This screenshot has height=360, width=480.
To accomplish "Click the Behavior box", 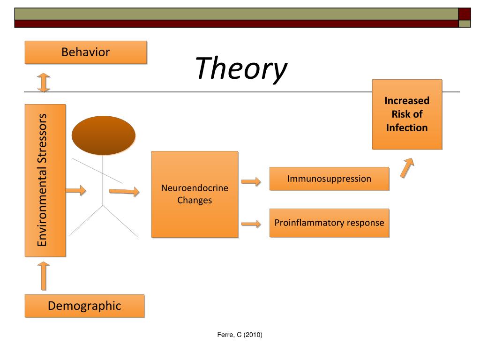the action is pyautogui.click(x=85, y=52).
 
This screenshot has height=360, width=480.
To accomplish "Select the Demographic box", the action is pyautogui.click(x=84, y=306).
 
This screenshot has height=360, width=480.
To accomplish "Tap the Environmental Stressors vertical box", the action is pyautogui.click(x=45, y=180).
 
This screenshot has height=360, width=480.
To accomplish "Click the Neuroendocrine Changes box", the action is pyautogui.click(x=195, y=194).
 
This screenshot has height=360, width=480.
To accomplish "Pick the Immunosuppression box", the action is pyautogui.click(x=329, y=179).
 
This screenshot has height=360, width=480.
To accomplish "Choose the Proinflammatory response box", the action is pyautogui.click(x=329, y=223).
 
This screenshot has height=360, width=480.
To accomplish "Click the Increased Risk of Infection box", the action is pyautogui.click(x=407, y=114).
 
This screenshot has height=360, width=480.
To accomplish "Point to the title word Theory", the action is pyautogui.click(x=240, y=68).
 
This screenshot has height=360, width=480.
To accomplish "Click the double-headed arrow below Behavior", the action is pyautogui.click(x=44, y=82).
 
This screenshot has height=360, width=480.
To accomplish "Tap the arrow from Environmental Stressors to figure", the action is pyautogui.click(x=75, y=190).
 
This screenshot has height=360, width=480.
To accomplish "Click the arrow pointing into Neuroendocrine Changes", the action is pyautogui.click(x=124, y=191).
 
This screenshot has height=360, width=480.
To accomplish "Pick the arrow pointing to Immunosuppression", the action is pyautogui.click(x=251, y=181).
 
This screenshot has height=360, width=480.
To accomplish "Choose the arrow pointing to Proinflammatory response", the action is pyautogui.click(x=251, y=224).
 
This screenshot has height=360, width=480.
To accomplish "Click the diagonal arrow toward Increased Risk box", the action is pyautogui.click(x=407, y=167).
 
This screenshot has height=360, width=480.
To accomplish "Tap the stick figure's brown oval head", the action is pyautogui.click(x=103, y=135).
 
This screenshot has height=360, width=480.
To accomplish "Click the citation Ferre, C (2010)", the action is pyautogui.click(x=240, y=335).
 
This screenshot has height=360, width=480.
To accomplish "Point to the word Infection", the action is pyautogui.click(x=407, y=127).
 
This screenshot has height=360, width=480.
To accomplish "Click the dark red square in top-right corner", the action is pyautogui.click(x=464, y=14).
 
